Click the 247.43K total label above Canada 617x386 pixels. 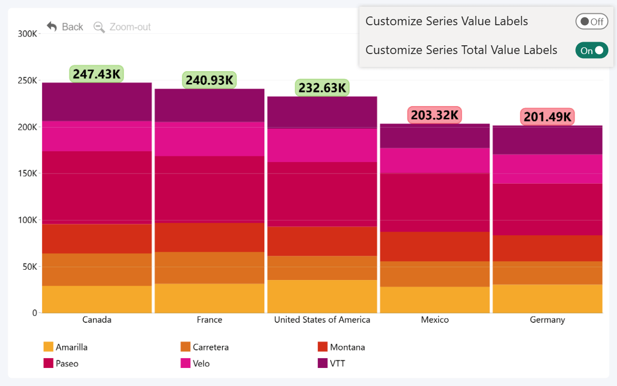(97, 74)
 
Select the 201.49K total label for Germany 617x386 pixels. (547, 117)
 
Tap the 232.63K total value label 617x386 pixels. (322, 88)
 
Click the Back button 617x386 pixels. (65, 27)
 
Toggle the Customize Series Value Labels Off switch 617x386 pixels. (591, 22)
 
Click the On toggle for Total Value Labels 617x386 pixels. (591, 50)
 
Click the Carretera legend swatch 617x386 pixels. (186, 347)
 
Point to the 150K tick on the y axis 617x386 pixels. (28, 173)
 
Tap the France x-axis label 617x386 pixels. (209, 320)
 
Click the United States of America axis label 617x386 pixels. (322, 320)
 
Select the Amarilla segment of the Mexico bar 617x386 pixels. (434, 300)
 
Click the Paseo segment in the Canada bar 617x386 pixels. (97, 187)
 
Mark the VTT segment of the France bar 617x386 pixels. (209, 106)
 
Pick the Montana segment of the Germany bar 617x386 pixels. (547, 248)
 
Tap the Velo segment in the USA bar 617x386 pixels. (322, 145)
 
